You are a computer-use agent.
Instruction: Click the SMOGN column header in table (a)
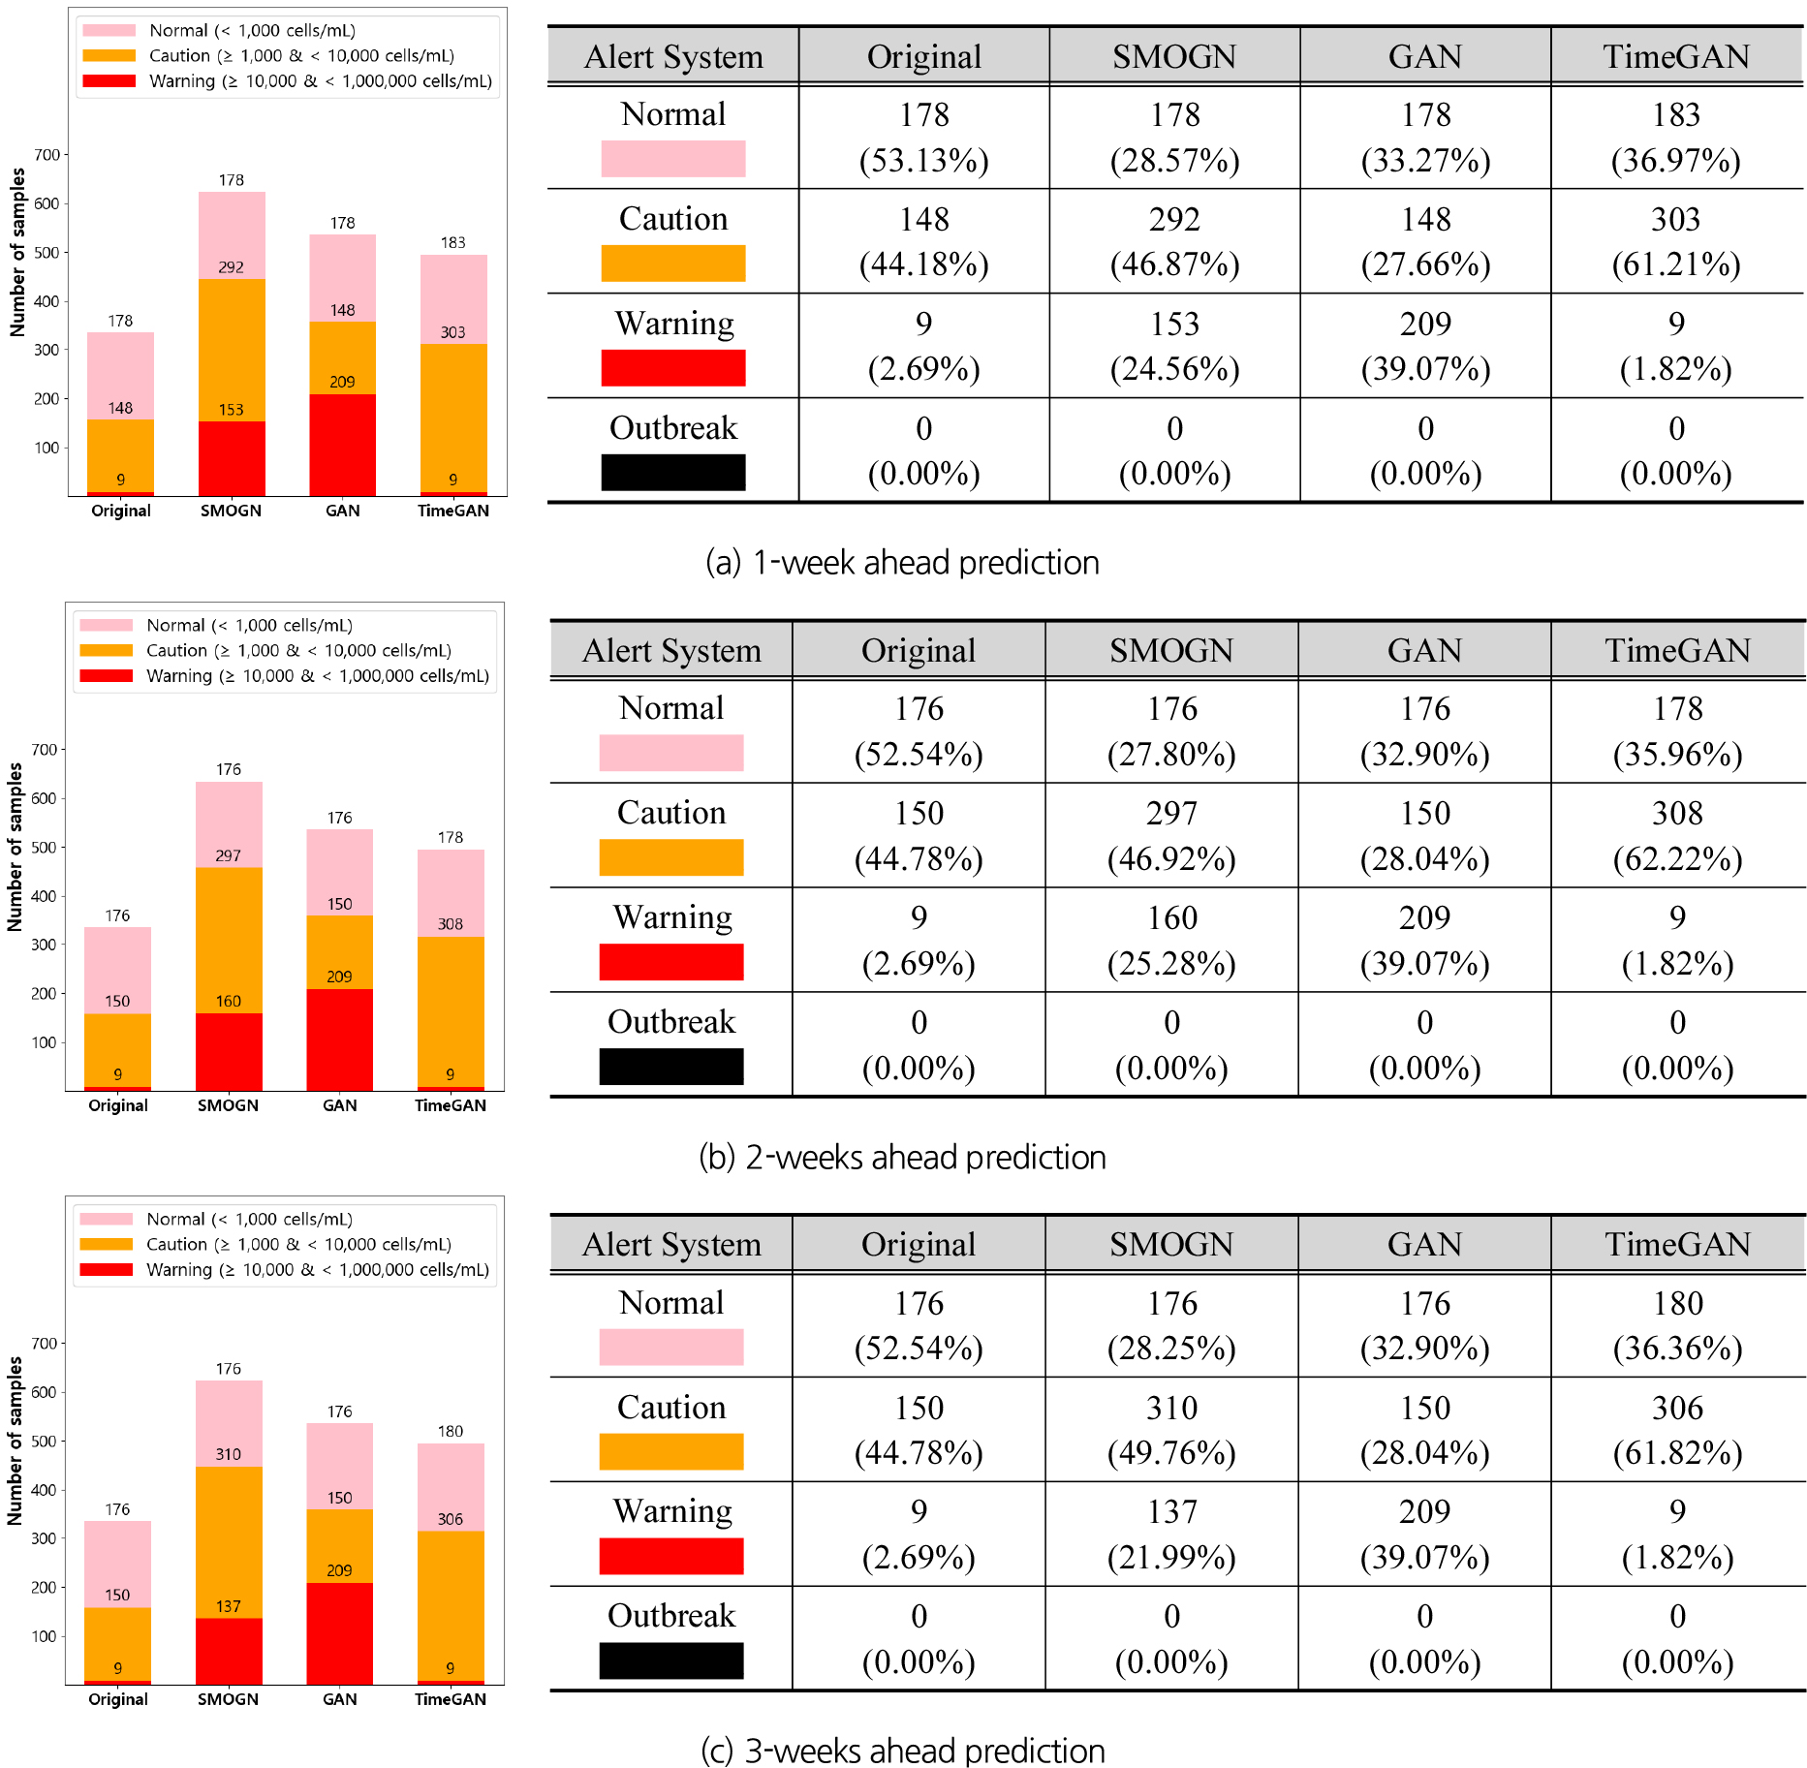[1173, 56]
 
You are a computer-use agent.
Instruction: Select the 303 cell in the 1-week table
[1675, 241]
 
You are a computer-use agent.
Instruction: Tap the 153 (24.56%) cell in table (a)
[1173, 346]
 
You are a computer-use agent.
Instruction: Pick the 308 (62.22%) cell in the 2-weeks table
[1677, 835]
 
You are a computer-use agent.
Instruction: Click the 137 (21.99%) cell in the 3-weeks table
[1171, 1534]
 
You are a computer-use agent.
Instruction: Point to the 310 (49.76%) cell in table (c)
[1171, 1429]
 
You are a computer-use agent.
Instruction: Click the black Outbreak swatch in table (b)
[670, 1066]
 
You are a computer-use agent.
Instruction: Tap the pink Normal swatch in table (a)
[672, 159]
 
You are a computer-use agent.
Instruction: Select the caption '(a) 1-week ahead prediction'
[902, 562]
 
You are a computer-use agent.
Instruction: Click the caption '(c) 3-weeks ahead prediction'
[902, 1751]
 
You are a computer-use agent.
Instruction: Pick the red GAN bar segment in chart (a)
[342, 445]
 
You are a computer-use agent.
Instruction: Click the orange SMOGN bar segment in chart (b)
[229, 940]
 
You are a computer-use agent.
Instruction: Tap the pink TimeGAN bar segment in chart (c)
[451, 1486]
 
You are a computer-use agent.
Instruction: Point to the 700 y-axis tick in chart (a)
[47, 154]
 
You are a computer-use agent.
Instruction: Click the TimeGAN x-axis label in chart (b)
[451, 1105]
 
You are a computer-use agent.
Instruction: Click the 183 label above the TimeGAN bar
[452, 242]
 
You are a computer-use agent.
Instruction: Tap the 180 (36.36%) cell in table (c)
[1677, 1324]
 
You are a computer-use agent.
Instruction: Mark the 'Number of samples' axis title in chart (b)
[15, 847]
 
